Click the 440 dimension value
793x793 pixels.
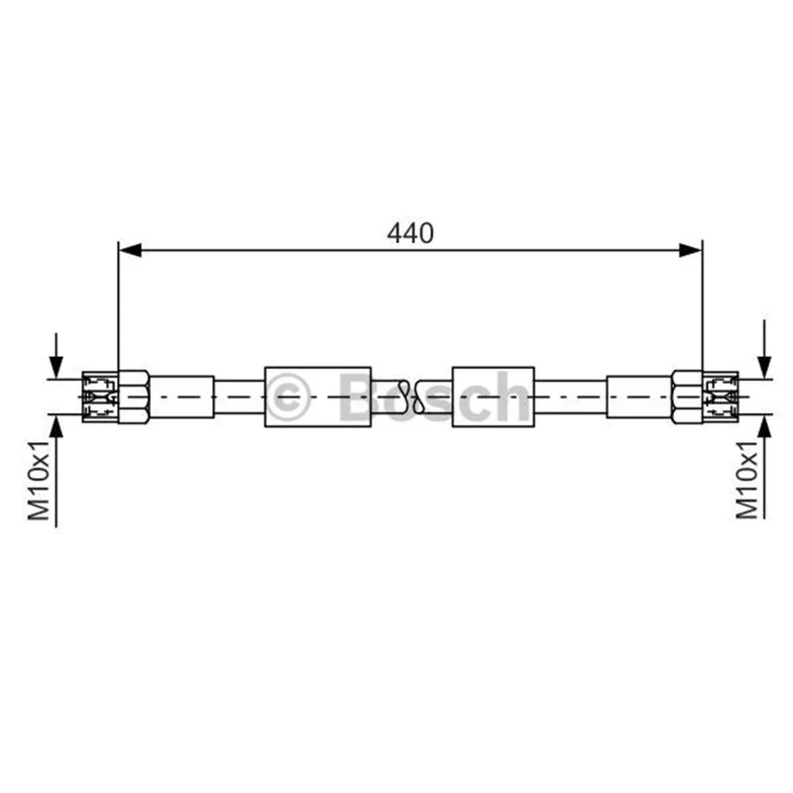[410, 234]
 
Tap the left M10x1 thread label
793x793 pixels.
[39, 481]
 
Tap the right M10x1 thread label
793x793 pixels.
[746, 481]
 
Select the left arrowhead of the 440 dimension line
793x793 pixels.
[130, 250]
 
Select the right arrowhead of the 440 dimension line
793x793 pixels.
[691, 250]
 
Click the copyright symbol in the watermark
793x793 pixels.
[287, 397]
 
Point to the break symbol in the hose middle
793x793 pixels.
[411, 396]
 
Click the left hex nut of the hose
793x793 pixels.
[134, 396]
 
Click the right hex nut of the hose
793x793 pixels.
[687, 396]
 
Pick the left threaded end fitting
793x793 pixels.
[100, 397]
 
